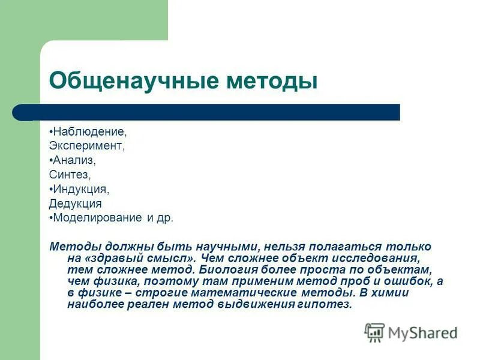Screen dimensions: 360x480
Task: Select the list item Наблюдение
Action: pyautogui.click(x=90, y=131)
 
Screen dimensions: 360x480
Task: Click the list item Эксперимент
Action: pyautogui.click(x=87, y=146)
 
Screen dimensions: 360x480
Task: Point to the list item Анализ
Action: pyautogui.click(x=74, y=160)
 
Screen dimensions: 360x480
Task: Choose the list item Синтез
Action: pyautogui.click(x=70, y=175)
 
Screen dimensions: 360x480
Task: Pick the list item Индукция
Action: pyautogui.click(x=81, y=189)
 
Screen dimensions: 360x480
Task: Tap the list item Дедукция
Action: pyautogui.click(x=76, y=204)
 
